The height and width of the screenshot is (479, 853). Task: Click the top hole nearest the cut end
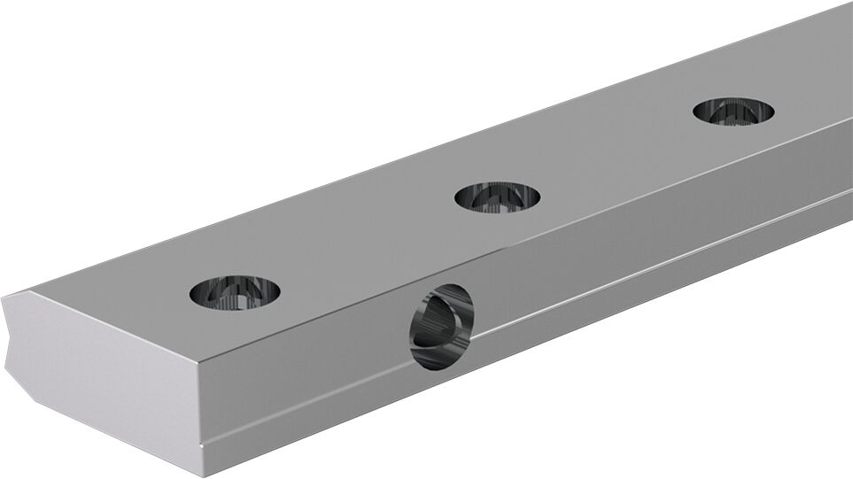pos(235,291)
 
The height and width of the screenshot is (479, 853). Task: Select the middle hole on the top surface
pos(497,196)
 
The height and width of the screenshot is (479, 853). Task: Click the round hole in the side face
pos(441,328)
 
